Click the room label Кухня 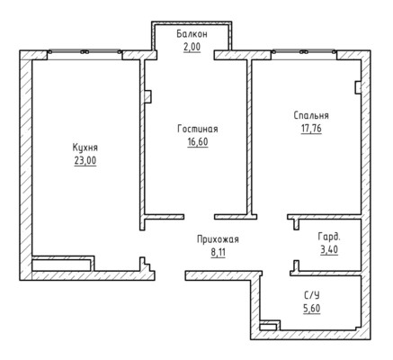(85, 148)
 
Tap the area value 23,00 (85, 161)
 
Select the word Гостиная (198, 129)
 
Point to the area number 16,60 (198, 141)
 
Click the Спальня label (311, 115)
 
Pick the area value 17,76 (311, 129)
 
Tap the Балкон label (192, 34)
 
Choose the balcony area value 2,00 (192, 47)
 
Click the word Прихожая (218, 239)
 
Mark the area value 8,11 (218, 252)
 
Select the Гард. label (329, 237)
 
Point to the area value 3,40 (329, 249)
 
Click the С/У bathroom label (312, 295)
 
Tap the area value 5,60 (312, 309)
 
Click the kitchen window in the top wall (85, 52)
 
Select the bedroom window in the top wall (304, 52)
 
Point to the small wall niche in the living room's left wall (147, 97)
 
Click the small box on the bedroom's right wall (358, 87)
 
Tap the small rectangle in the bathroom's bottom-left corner (268, 327)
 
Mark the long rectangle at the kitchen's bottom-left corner (61, 265)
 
